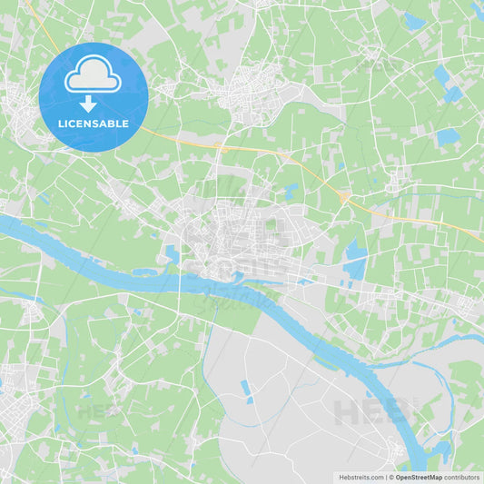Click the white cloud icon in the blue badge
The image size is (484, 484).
click(x=94, y=74)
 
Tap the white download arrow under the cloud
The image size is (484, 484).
click(x=88, y=104)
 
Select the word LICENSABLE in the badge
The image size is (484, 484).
click(x=93, y=123)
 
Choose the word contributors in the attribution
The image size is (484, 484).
click(x=462, y=477)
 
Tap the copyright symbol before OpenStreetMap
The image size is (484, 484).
click(x=390, y=477)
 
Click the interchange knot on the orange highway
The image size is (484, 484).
click(x=344, y=196)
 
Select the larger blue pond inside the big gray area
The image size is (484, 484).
click(x=246, y=388)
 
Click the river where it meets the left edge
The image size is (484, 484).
click(x=4, y=221)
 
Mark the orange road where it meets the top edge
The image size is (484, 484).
click(x=27, y=3)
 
